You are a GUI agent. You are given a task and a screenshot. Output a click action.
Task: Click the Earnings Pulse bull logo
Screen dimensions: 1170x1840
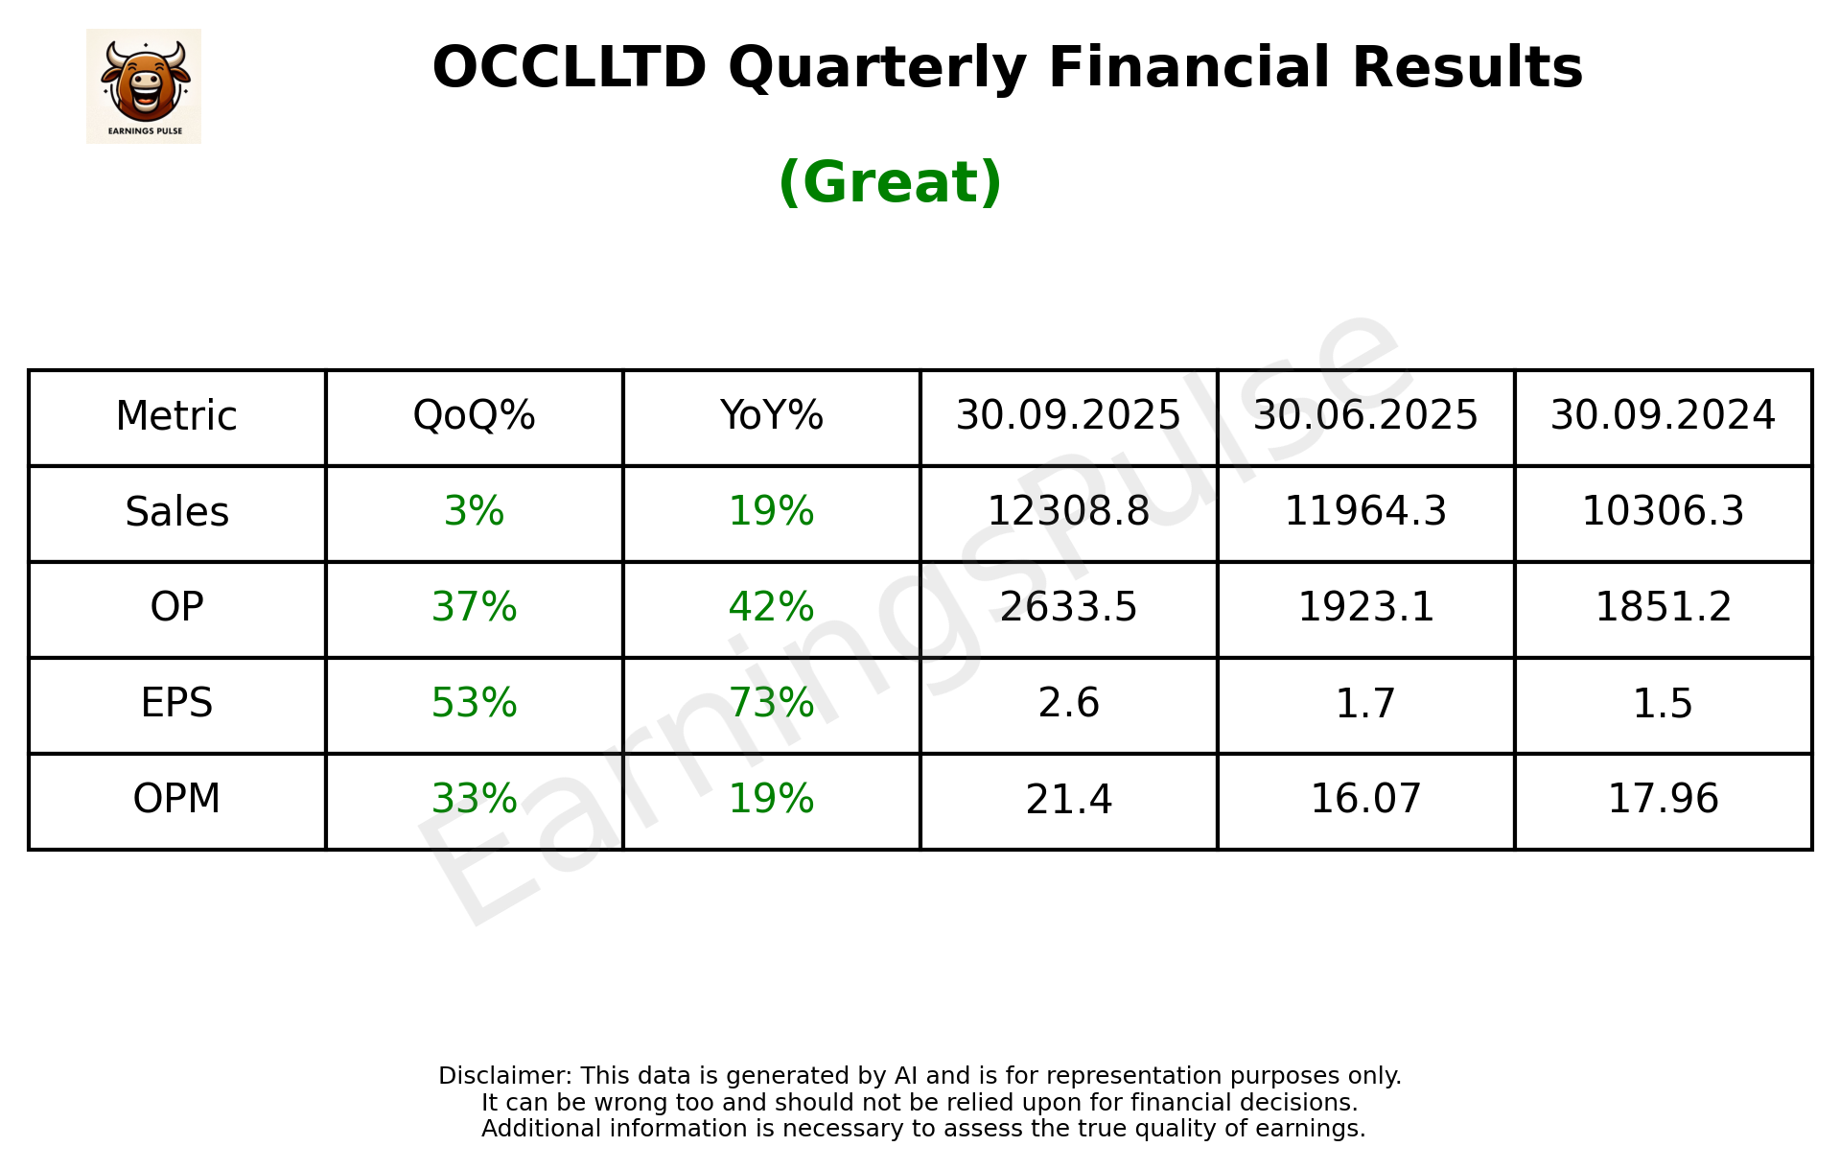[x=144, y=85]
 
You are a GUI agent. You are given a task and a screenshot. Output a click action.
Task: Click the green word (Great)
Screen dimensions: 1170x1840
[x=890, y=182]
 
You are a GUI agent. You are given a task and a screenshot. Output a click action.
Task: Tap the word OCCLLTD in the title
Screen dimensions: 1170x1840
[x=569, y=68]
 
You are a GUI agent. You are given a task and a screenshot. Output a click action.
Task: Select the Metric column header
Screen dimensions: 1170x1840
[x=176, y=416]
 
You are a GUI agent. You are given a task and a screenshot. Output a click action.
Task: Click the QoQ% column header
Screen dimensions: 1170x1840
[x=474, y=416]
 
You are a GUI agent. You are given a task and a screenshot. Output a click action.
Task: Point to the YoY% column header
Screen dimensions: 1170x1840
[x=771, y=416]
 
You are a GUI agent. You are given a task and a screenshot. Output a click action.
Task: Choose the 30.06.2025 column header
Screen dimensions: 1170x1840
[x=1365, y=416]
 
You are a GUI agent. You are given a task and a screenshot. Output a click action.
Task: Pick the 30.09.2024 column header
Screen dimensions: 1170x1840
[x=1663, y=416]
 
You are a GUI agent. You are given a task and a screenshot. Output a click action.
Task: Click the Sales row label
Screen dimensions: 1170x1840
[x=176, y=512]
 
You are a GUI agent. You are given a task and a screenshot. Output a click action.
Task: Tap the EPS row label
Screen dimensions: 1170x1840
[x=176, y=704]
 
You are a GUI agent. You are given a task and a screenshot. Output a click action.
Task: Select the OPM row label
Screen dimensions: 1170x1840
[x=176, y=800]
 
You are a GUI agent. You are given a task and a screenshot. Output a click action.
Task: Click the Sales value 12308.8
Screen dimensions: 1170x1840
[x=1068, y=512]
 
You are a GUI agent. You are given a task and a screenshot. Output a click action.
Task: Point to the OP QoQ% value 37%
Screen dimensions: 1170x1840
[x=474, y=608]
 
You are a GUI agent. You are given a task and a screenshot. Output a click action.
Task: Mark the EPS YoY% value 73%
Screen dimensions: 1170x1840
[x=771, y=704]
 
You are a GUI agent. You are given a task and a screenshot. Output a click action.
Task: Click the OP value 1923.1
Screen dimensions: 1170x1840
[x=1365, y=608]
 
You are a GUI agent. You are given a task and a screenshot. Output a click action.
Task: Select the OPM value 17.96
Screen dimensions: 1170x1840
[x=1663, y=800]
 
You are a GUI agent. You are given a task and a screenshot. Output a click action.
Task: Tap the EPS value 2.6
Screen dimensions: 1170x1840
[x=1068, y=704]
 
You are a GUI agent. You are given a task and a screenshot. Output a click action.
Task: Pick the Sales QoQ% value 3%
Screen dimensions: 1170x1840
[x=474, y=512]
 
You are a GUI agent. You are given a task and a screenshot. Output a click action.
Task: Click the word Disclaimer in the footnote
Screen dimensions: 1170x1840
[x=503, y=1076]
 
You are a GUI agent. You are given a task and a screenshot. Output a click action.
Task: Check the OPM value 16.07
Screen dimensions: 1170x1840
[x=1365, y=800]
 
